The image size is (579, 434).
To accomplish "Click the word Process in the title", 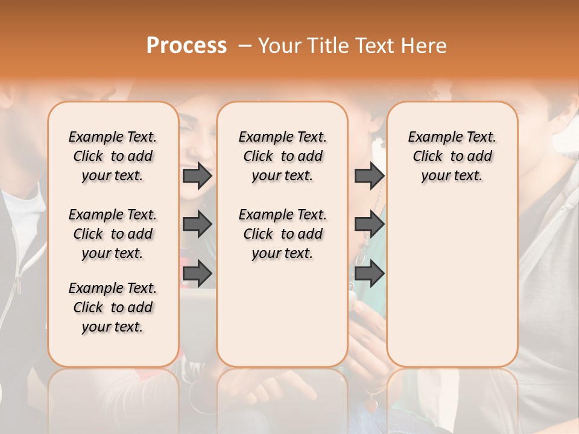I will click(186, 46).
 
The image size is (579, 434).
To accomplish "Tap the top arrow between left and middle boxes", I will click(197, 175).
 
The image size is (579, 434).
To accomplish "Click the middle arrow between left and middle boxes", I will click(197, 224).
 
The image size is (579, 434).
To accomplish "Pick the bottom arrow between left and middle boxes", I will click(197, 274).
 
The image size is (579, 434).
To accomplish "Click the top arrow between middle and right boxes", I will click(369, 175).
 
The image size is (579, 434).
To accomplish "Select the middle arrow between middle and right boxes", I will click(369, 224).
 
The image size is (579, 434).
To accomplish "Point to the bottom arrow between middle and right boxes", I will click(369, 274).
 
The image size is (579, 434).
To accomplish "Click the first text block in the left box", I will click(113, 156).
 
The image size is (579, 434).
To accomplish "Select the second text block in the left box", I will click(113, 234).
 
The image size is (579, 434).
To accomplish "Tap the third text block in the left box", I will click(113, 307).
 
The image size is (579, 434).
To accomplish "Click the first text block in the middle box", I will click(282, 156).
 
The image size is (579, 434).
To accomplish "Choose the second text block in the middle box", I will click(282, 234).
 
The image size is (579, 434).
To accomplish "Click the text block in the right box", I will click(452, 156).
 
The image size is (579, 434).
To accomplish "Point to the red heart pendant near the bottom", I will click(372, 406).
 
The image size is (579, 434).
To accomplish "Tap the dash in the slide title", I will click(245, 46).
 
